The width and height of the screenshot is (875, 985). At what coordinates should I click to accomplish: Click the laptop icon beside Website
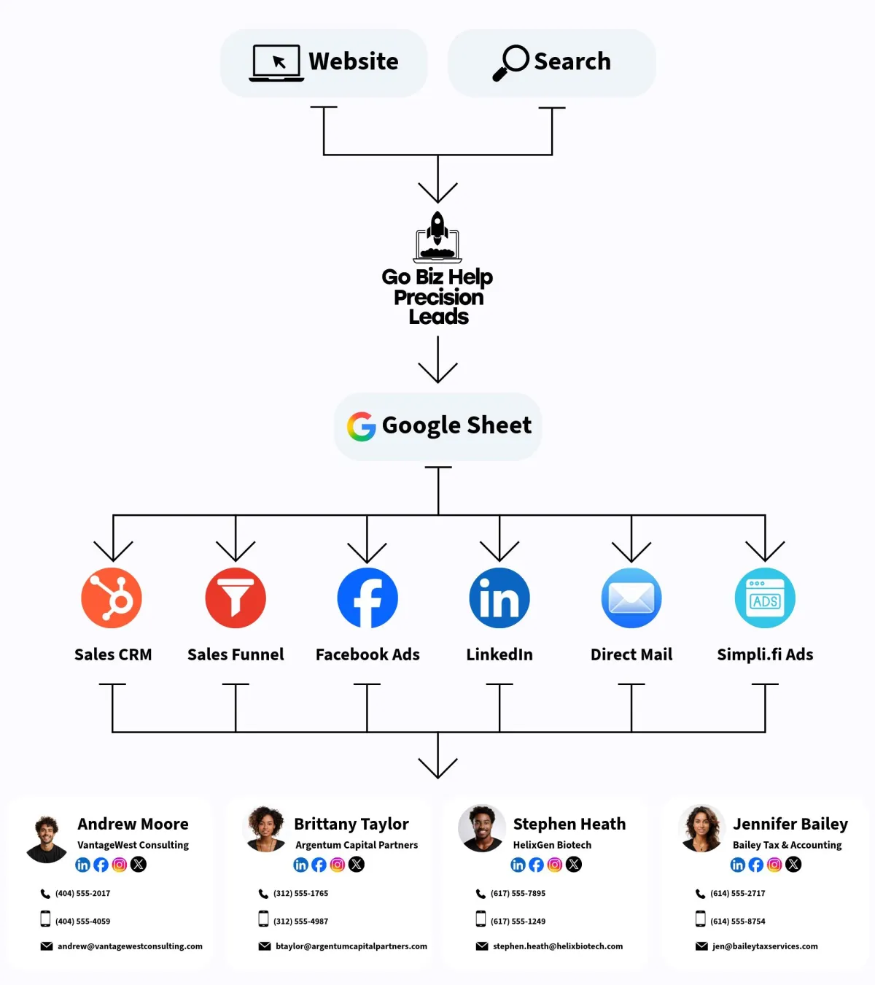276,63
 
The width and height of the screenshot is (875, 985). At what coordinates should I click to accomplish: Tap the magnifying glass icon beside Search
511,63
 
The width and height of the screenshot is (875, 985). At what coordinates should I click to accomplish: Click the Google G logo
361,427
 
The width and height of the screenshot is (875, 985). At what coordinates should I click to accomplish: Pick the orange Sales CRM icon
112,598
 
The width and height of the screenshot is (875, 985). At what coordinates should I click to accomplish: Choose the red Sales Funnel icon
236,598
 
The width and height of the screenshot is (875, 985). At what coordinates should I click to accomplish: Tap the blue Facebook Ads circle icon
367,598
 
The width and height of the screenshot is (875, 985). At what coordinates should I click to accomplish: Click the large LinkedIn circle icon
499,598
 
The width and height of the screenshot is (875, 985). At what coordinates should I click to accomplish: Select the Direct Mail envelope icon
631,598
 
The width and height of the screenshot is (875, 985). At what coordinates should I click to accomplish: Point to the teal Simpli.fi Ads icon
765,598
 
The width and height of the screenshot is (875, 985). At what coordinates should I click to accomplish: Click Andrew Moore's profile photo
47,838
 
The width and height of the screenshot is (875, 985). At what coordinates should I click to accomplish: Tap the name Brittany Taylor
351,824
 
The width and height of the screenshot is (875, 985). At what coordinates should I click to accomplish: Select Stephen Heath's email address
558,946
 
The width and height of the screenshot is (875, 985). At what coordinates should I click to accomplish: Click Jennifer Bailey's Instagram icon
774,865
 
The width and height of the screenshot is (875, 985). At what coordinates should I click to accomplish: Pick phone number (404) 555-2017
82,893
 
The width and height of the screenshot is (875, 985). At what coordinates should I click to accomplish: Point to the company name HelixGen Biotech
552,845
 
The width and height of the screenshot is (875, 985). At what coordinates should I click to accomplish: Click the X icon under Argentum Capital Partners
357,865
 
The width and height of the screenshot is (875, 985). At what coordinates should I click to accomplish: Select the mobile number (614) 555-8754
738,922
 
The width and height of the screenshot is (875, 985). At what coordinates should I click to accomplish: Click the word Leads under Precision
438,317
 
